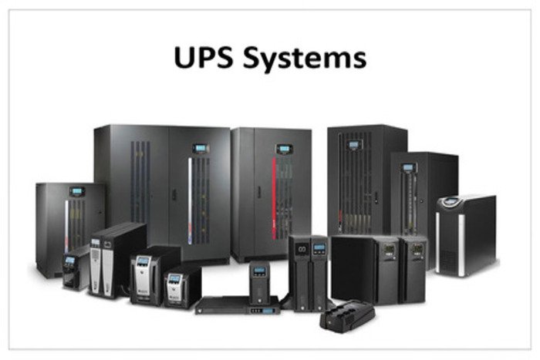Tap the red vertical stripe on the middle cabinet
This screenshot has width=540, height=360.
coord(274,199)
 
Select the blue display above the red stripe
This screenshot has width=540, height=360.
coord(284,149)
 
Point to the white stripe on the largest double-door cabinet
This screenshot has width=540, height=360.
coord(190,201)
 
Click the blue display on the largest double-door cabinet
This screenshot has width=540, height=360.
coord(201,148)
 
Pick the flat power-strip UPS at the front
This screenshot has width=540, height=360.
coord(347,316)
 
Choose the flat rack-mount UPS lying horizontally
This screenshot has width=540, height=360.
coord(238,305)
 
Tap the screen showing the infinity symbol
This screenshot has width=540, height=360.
coord(302,249)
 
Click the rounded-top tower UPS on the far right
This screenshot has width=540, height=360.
coord(466,235)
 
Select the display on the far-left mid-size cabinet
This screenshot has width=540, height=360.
coord(77,191)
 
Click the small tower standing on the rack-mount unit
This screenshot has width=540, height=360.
coord(260,283)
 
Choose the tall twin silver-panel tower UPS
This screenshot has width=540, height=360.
coord(117,260)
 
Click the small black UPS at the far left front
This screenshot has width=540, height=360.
coord(75,268)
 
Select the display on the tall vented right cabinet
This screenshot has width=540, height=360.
coord(353,145)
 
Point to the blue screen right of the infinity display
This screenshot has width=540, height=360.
coord(319,247)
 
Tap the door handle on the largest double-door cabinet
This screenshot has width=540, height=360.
coord(174,194)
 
